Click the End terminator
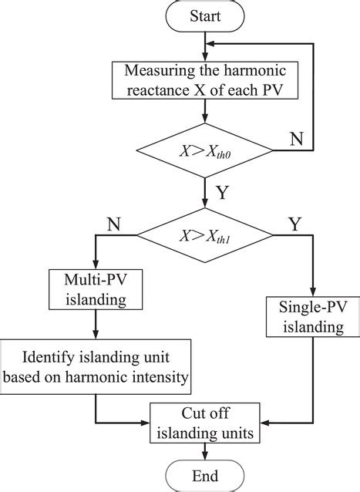point(204,474)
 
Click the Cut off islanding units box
point(204,423)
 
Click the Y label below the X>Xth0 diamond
point(221,191)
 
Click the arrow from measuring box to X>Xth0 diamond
point(204,116)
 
